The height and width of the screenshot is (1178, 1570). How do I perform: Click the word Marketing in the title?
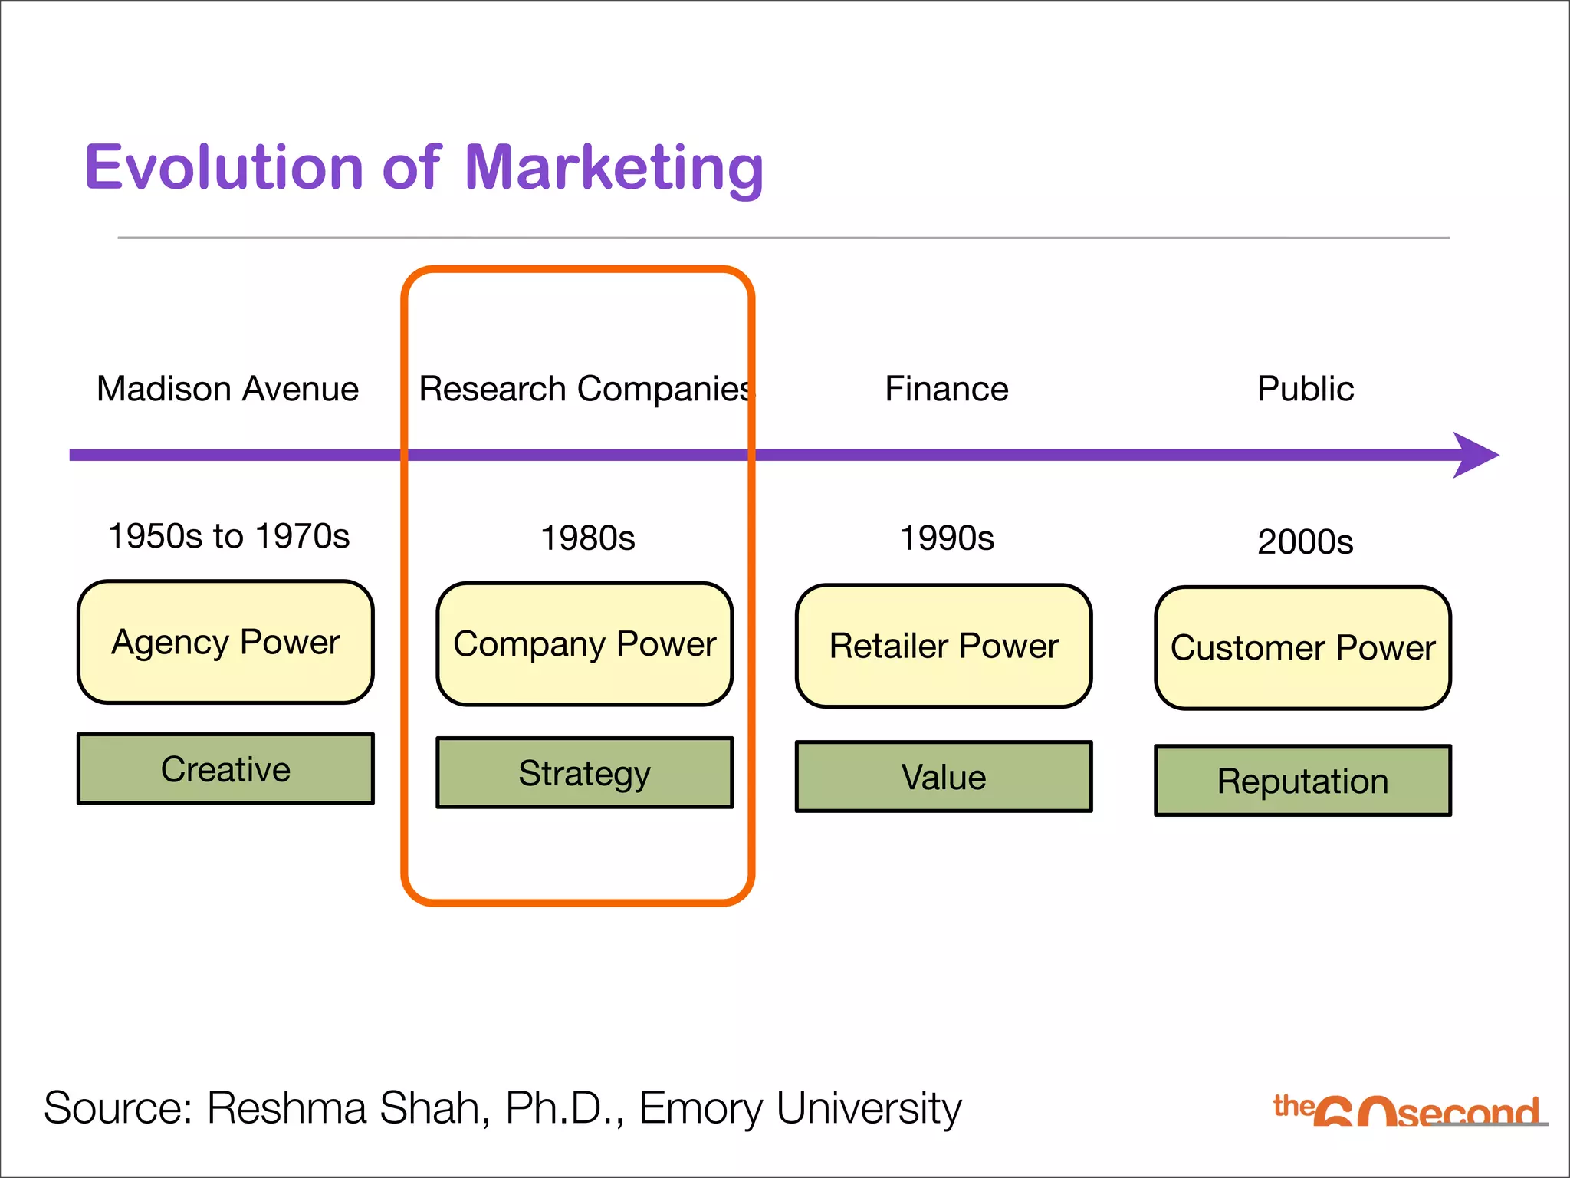tap(613, 169)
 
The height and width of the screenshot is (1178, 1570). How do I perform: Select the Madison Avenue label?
tap(228, 389)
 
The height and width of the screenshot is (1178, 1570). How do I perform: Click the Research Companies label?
tap(586, 389)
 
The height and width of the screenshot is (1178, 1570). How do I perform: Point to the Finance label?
tap(946, 389)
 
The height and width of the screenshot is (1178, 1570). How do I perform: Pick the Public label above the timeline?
tap(1305, 389)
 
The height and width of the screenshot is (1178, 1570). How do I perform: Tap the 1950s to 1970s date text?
tap(228, 536)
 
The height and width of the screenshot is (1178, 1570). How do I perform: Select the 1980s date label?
tap(587, 538)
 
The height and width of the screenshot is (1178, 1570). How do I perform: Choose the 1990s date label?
tap(946, 538)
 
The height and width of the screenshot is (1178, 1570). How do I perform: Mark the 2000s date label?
tap(1305, 542)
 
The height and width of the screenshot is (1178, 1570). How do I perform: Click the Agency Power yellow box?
tap(225, 642)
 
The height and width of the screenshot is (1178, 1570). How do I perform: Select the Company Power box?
tap(584, 644)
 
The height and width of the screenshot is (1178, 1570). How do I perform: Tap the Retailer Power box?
tap(944, 646)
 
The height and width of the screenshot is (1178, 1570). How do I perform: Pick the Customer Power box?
tap(1302, 648)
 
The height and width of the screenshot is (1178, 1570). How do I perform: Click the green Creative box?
tap(225, 769)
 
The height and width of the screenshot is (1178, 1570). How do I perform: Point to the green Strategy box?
tap(584, 773)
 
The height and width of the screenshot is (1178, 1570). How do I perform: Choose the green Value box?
tap(944, 777)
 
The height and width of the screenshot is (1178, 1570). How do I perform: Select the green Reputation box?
tap(1302, 781)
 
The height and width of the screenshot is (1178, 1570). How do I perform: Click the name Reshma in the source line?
tap(287, 1109)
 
